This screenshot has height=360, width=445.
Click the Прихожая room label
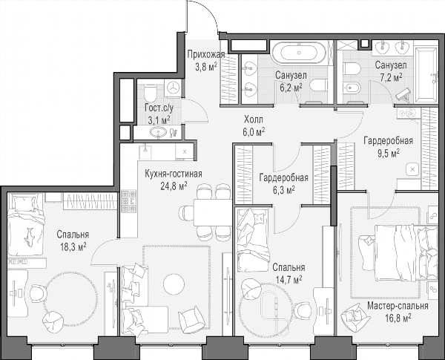[206, 54]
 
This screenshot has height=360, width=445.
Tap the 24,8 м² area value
[174, 186]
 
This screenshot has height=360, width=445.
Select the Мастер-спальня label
[398, 306]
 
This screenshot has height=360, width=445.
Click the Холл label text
[254, 119]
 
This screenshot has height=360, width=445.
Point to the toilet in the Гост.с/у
[150, 93]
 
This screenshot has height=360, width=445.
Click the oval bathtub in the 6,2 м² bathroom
[299, 53]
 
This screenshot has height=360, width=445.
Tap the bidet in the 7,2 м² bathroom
[352, 88]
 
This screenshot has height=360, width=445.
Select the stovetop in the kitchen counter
[128, 201]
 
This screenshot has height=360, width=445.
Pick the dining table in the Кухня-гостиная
[213, 212]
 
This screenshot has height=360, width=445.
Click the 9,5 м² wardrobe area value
[389, 154]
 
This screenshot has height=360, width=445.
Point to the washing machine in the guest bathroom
[173, 88]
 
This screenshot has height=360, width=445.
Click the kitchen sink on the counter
[145, 151]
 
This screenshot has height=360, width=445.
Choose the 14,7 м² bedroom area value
[289, 280]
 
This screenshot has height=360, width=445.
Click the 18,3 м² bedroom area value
[73, 246]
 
